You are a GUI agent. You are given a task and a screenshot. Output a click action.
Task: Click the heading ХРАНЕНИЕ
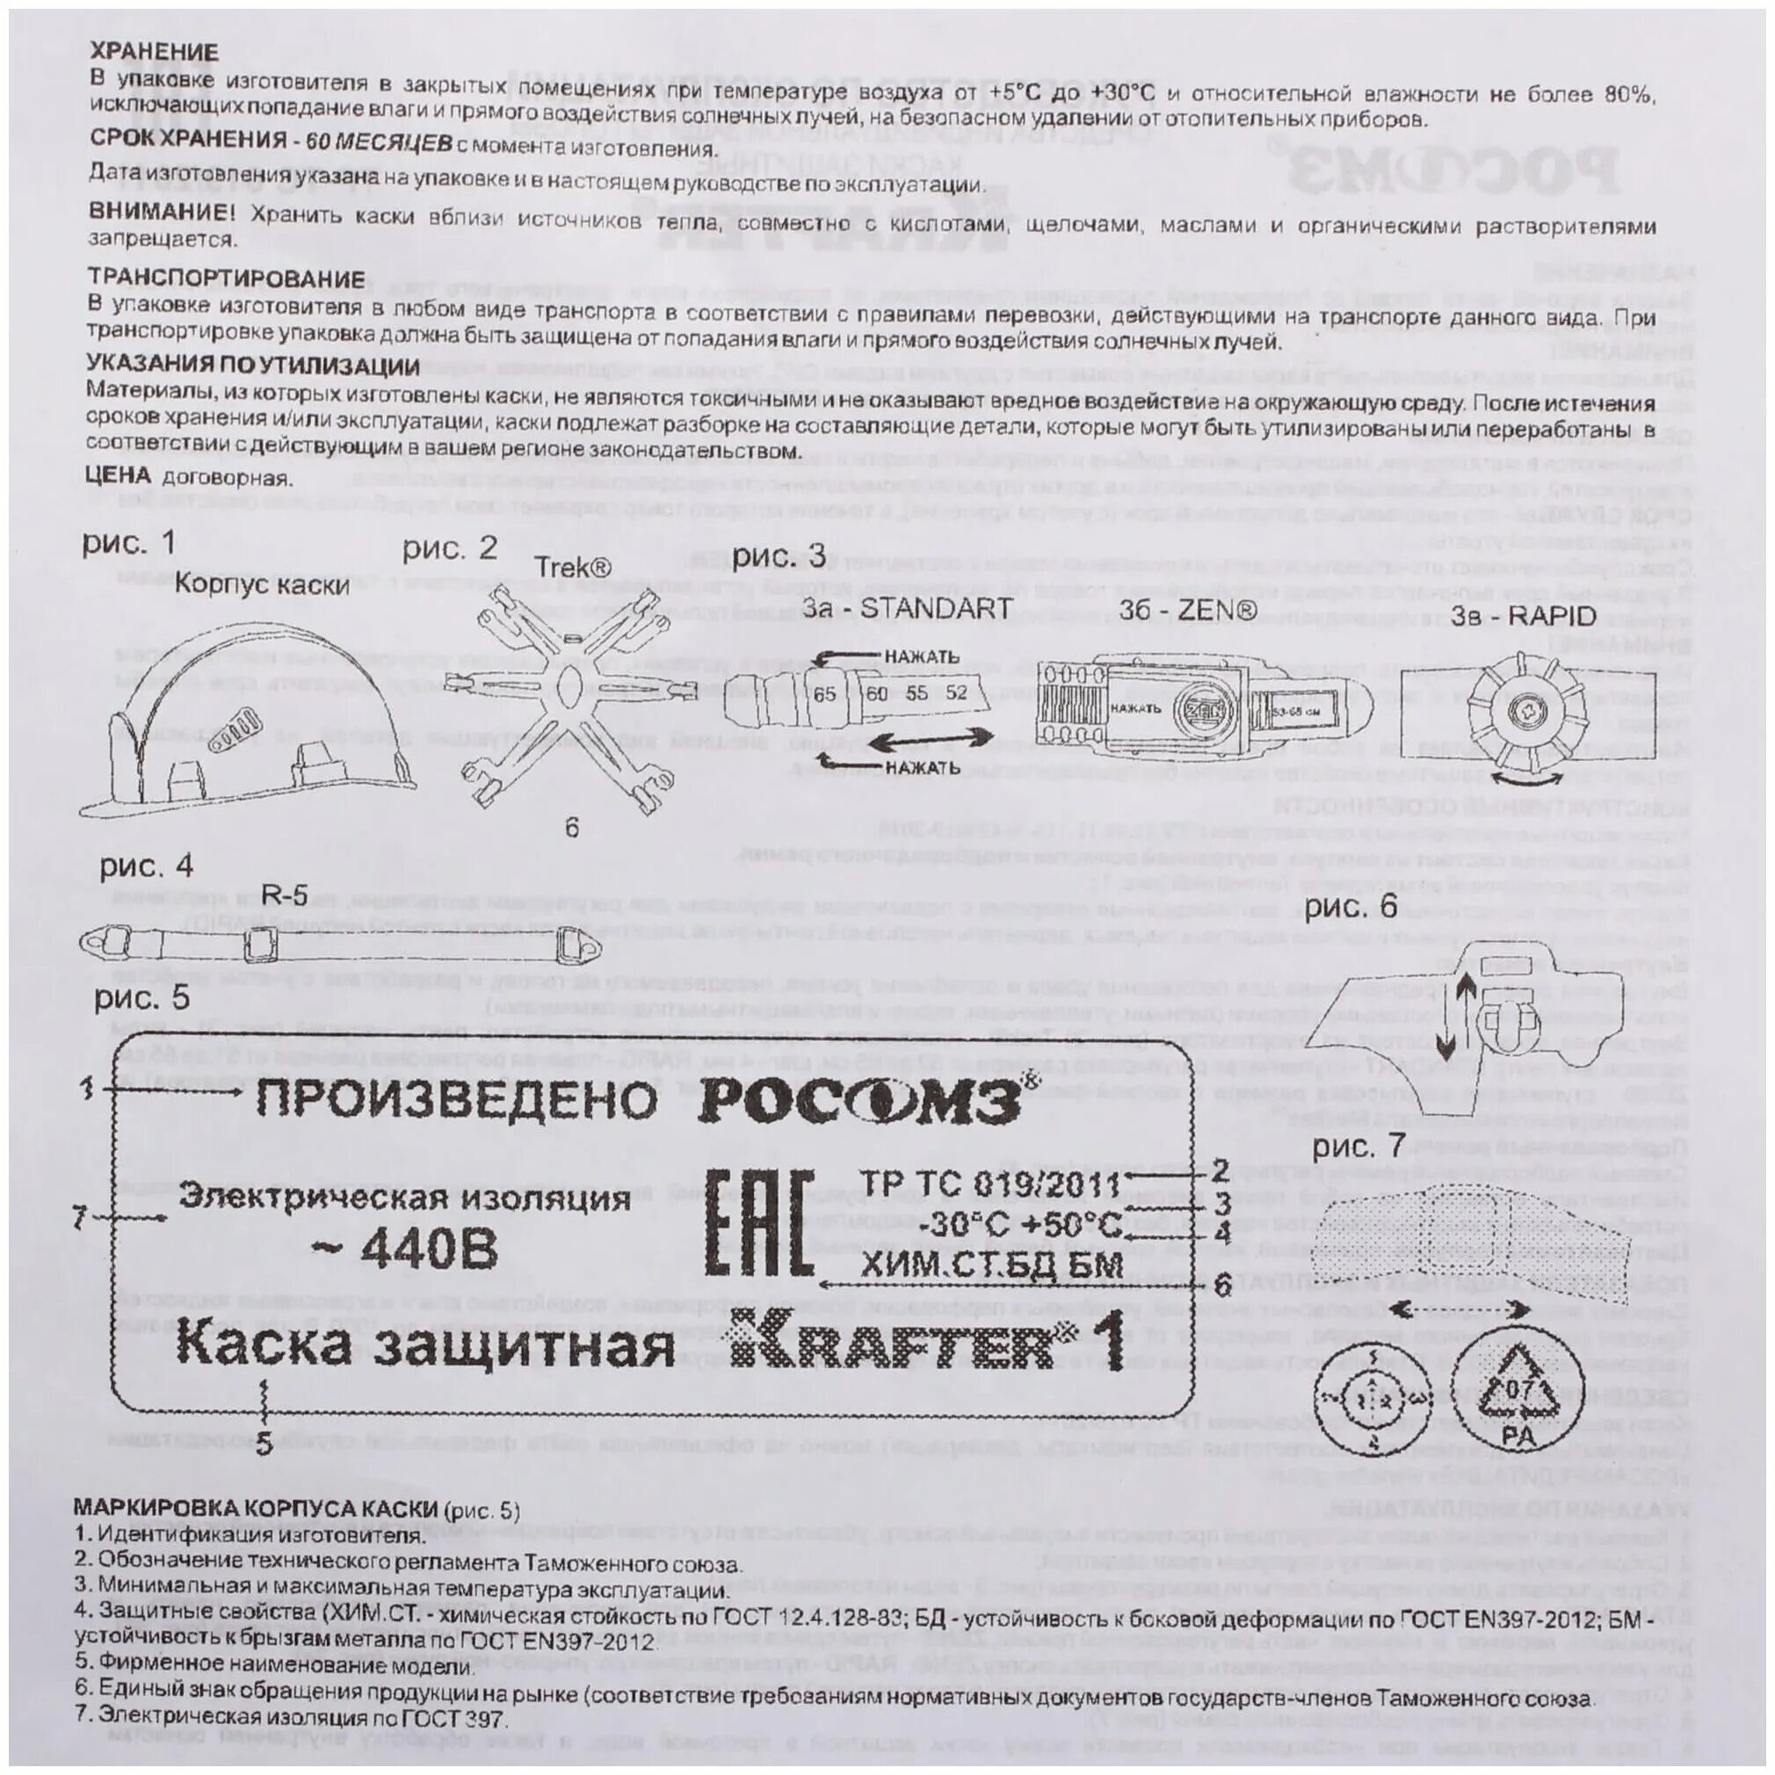(x=155, y=52)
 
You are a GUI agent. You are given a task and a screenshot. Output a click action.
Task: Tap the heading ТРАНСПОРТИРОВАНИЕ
(x=226, y=279)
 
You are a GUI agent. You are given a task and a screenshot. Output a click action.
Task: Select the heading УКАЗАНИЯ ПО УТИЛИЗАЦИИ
(x=254, y=367)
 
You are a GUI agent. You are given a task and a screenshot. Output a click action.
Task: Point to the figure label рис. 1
(x=128, y=543)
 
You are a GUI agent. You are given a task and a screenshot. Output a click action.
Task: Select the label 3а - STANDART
(x=908, y=607)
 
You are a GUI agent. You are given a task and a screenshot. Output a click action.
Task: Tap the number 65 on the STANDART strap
(x=824, y=693)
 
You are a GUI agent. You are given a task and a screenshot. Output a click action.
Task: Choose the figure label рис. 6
(x=1351, y=907)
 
